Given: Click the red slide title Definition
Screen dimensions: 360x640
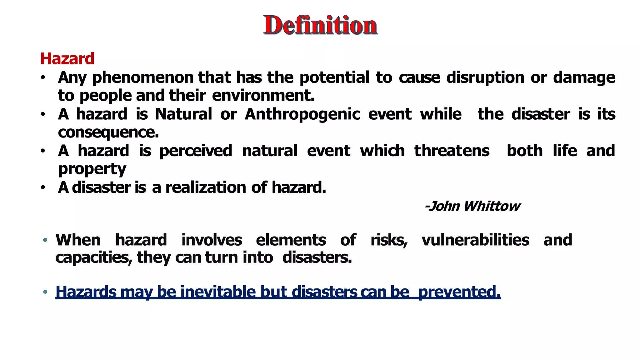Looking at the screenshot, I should [320, 25].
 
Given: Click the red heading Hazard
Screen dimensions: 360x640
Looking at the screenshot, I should [67, 59].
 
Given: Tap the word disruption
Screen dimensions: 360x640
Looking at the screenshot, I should [485, 77].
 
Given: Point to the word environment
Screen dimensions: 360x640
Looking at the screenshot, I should [263, 96].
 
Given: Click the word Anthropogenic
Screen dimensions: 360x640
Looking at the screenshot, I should [302, 114].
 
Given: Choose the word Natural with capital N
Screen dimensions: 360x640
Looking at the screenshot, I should [183, 114].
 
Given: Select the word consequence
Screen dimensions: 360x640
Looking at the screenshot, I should [108, 132].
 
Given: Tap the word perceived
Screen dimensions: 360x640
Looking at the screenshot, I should [196, 151].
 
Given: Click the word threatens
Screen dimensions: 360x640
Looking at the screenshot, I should [452, 151].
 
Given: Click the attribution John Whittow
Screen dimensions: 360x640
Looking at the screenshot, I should [472, 206].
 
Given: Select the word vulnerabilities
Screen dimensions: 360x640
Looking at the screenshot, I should [475, 240].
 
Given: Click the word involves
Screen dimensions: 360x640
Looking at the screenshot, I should [212, 240].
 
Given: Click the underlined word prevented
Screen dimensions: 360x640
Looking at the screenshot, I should [459, 292].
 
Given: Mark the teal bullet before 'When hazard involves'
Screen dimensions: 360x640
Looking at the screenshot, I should [45, 240].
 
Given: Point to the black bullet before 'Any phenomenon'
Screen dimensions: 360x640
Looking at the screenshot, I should [43, 77].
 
